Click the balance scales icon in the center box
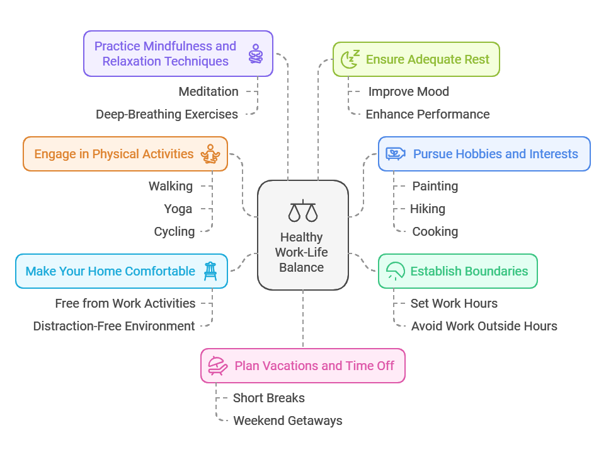[x=303, y=211]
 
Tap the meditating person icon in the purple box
[x=256, y=54]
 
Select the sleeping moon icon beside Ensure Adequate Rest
[x=350, y=59]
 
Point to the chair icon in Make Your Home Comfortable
[x=210, y=271]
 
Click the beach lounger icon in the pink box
[x=218, y=366]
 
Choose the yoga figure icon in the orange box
[x=210, y=154]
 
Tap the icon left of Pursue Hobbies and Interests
[x=396, y=154]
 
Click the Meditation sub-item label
[x=209, y=91]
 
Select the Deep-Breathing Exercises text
[x=167, y=115]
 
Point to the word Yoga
[x=178, y=209]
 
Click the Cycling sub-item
[x=174, y=231]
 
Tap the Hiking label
[x=428, y=209]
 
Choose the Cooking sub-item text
[x=435, y=231]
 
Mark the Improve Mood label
[x=408, y=91]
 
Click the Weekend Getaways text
[x=288, y=421]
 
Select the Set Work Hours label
[x=454, y=303]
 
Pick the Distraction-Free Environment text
[x=114, y=327]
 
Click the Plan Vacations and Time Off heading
[x=314, y=366]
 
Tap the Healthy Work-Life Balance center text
[x=302, y=252]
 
